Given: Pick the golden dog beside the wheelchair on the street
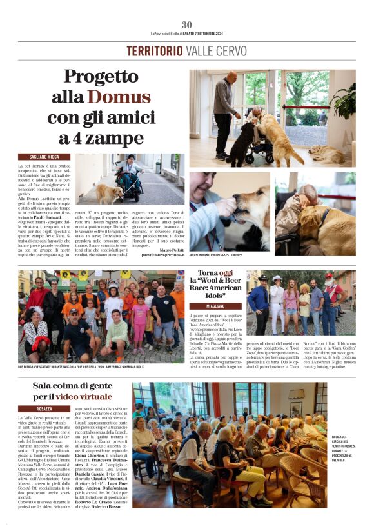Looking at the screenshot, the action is click(103, 193).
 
